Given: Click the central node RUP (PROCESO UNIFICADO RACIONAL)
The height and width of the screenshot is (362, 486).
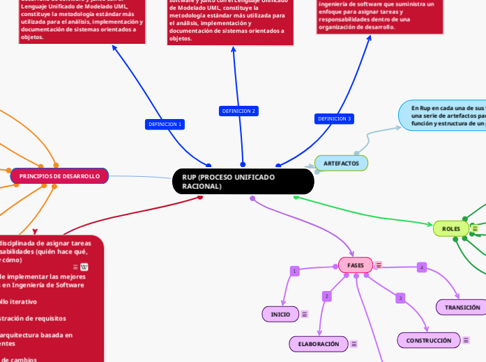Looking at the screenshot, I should [x=243, y=182].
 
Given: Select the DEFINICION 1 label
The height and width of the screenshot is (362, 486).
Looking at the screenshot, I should [x=165, y=124].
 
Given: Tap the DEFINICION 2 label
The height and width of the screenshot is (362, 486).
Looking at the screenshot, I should [x=238, y=111].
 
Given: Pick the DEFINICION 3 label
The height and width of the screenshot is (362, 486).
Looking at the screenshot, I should [x=335, y=118].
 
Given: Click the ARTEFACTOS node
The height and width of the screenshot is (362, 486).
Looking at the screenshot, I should [x=341, y=163].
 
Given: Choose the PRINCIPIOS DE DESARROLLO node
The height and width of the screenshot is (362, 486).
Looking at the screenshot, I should [x=59, y=176].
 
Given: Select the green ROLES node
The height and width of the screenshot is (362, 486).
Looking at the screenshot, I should [x=450, y=228].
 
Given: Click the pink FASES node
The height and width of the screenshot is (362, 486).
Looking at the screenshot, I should [x=356, y=265].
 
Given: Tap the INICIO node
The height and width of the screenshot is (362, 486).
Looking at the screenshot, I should [x=280, y=314].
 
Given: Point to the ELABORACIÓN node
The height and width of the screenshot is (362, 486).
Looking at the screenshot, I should [x=318, y=344].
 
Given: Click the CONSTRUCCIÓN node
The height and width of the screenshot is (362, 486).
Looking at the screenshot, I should [x=429, y=340].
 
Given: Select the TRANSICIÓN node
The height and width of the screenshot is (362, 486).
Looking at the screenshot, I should [x=462, y=307].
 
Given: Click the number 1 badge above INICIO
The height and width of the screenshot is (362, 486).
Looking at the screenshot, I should [x=294, y=271].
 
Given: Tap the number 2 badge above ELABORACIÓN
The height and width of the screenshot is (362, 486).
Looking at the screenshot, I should [x=326, y=297].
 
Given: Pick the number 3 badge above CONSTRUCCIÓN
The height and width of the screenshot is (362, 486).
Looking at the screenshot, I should [x=400, y=298].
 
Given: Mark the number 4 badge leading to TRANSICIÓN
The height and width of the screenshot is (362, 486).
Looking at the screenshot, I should [x=421, y=267].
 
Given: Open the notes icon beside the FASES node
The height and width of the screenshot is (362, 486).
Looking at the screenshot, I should [x=379, y=265].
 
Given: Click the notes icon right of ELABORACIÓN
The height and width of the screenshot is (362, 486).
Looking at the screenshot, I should [x=354, y=344].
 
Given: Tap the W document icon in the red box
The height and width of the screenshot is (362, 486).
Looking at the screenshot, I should [x=84, y=267].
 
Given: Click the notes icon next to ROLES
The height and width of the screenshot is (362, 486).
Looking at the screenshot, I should [x=475, y=228].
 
